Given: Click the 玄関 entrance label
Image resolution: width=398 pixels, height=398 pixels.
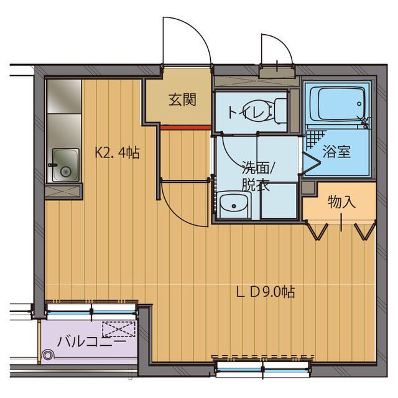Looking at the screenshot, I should click(x=182, y=99).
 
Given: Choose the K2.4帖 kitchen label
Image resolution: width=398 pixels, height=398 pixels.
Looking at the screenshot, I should click(x=117, y=152).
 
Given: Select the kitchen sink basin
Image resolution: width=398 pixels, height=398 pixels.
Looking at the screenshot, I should click(x=65, y=165).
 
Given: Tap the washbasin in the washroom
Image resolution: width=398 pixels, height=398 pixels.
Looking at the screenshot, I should click(x=233, y=203).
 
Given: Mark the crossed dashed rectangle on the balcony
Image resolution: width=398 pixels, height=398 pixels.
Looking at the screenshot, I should click(x=118, y=328).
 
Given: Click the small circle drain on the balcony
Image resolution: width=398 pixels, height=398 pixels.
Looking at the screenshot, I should click(x=48, y=355).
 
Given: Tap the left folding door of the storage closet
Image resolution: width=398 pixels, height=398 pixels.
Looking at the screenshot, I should click(x=318, y=231).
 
